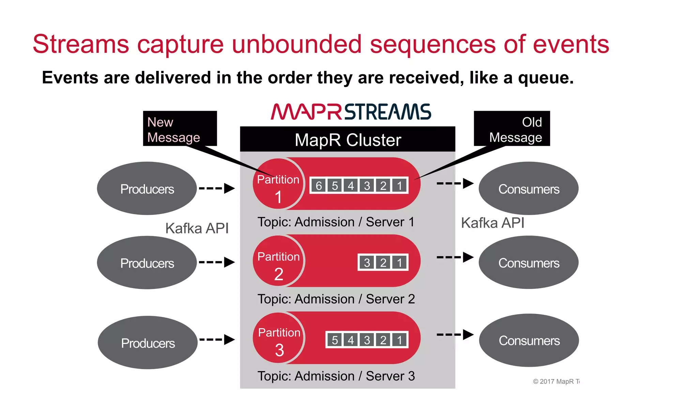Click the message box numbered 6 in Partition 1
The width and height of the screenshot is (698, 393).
tap(319, 186)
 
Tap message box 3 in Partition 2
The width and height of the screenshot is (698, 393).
tap(367, 263)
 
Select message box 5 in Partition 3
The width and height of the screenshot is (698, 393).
tap(335, 340)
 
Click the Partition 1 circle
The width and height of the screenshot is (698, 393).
tap(278, 184)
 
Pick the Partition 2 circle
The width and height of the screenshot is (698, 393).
tap(278, 261)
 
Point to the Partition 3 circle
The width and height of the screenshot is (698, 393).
tap(279, 338)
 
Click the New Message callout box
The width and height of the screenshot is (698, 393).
tap(180, 129)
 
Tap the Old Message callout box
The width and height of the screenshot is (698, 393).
tap(512, 129)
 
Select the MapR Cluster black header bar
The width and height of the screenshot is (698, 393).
tap(347, 139)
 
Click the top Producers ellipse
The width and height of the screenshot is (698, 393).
tap(147, 188)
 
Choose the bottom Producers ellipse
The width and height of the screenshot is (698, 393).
tap(148, 343)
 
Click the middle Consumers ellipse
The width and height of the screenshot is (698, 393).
tap(529, 263)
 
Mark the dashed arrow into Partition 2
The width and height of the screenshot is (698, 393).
tap(217, 262)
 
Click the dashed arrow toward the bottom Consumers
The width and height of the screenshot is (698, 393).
tap(455, 335)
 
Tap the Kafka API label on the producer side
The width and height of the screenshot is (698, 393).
tap(197, 228)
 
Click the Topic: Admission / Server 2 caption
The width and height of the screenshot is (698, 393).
tap(336, 299)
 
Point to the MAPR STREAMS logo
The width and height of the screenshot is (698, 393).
tap(351, 112)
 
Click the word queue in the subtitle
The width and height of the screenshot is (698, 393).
tap(545, 78)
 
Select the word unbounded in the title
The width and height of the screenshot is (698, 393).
tap(297, 44)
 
